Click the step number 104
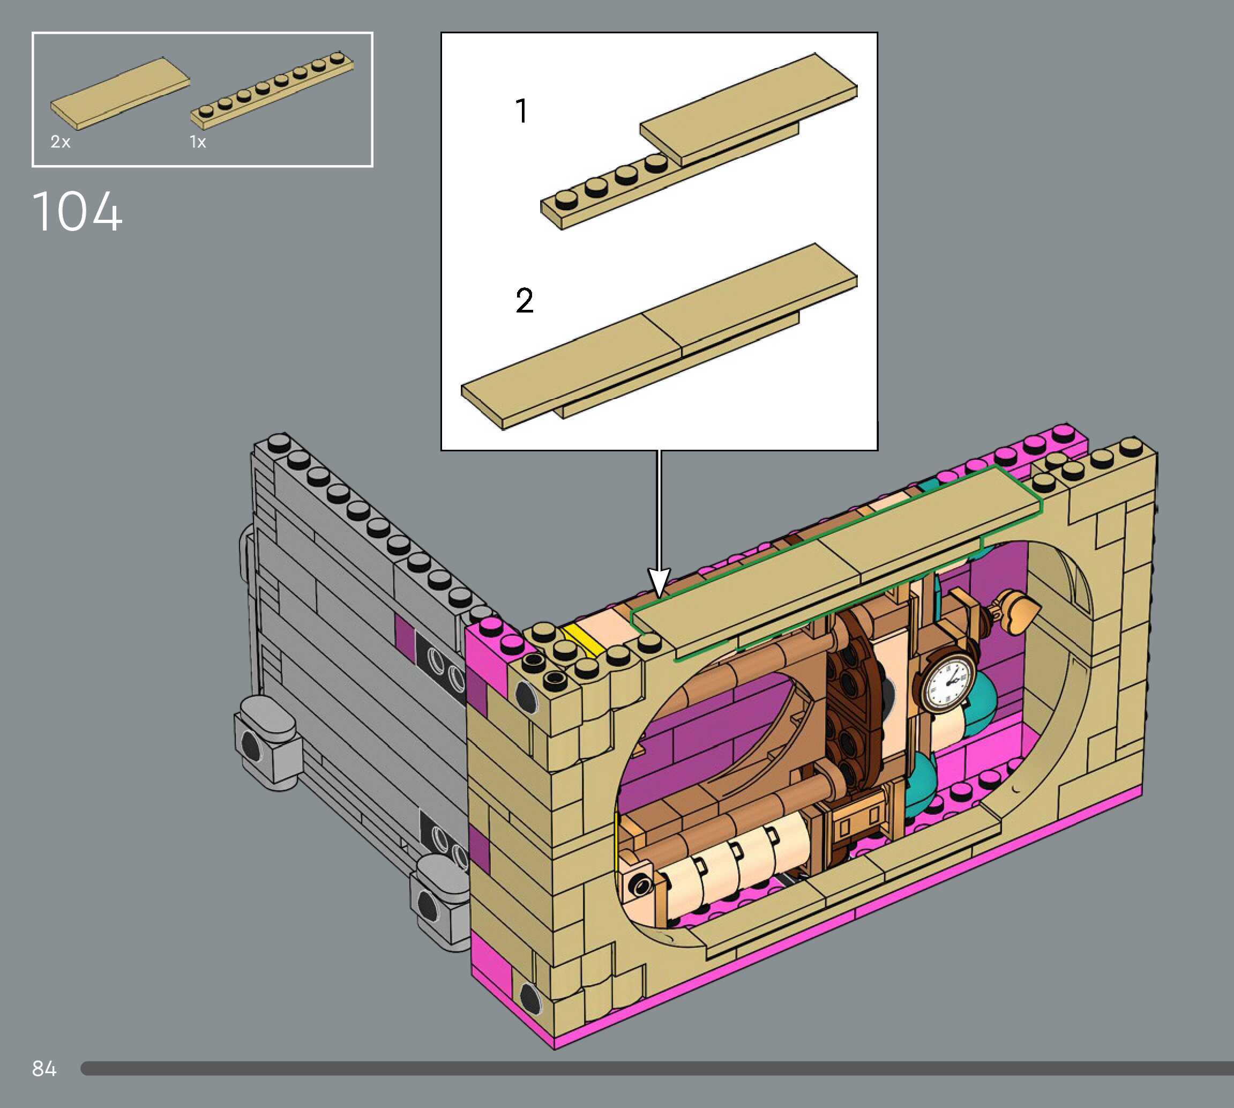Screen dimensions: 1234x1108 (x=77, y=211)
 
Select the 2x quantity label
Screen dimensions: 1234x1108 (x=60, y=142)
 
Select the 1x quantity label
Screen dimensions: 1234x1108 (x=198, y=142)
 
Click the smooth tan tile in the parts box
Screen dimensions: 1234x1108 (x=120, y=93)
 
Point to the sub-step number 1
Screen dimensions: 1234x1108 (x=521, y=111)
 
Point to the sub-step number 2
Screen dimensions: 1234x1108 (x=525, y=300)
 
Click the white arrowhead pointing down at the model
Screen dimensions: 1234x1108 (x=659, y=583)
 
